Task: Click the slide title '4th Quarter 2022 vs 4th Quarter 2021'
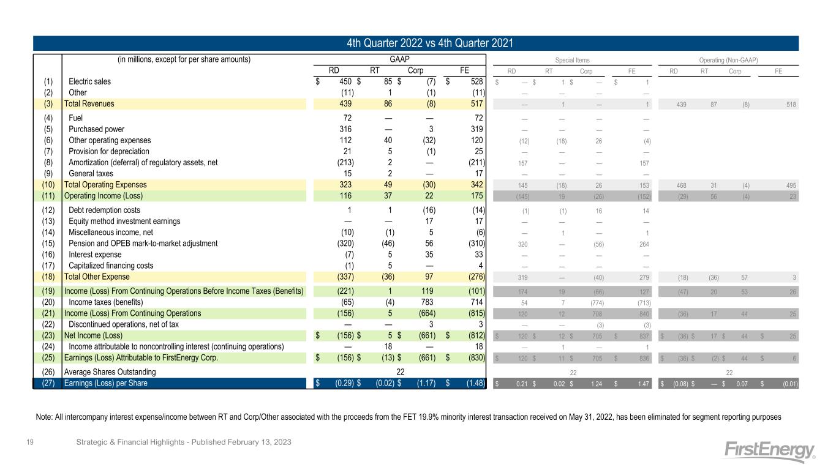click(418, 43)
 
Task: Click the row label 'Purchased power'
click(96, 129)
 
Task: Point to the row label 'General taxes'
click(91, 173)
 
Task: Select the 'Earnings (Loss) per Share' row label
click(105, 384)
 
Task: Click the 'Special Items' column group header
click(573, 60)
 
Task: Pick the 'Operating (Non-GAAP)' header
click(728, 60)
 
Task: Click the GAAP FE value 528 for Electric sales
click(475, 81)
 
